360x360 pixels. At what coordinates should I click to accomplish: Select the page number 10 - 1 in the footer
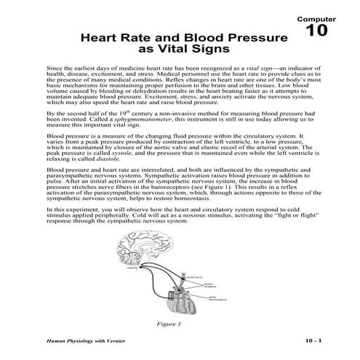[x=317, y=342]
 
